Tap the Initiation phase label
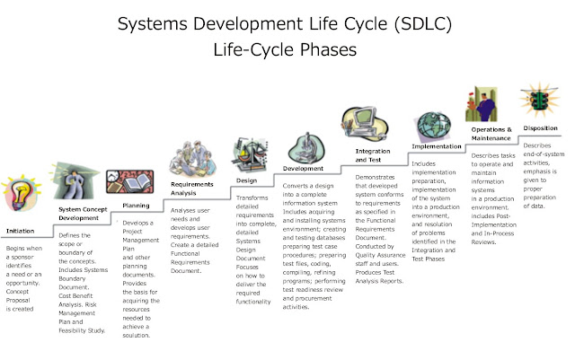point(20,230)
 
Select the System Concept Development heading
point(77,213)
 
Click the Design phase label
point(246,180)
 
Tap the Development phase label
point(303,168)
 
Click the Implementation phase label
point(437,146)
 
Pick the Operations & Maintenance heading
point(491,135)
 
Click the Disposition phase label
point(541,127)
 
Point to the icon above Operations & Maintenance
point(482,101)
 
